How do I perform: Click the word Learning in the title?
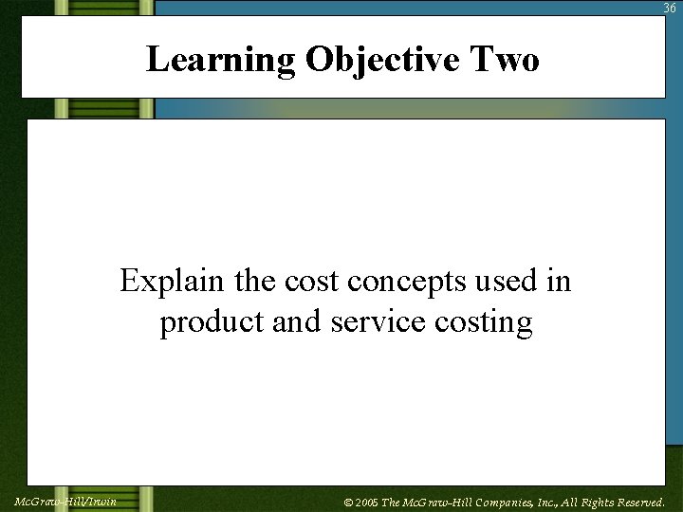pyautogui.click(x=220, y=60)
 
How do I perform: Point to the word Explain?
pyautogui.click(x=165, y=282)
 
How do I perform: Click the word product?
pyautogui.click(x=212, y=322)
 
